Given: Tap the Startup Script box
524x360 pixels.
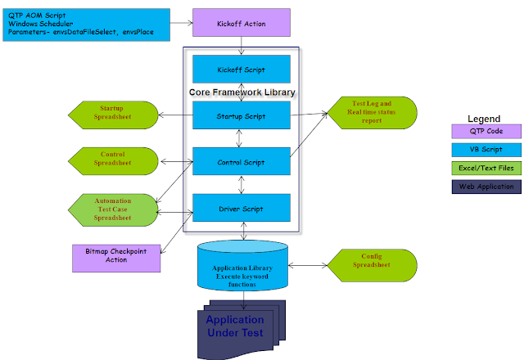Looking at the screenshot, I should [241, 115].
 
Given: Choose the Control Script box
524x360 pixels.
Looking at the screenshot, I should [241, 162].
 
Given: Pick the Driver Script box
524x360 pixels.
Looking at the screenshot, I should [241, 209].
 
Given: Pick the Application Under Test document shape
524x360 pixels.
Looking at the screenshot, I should [234, 327].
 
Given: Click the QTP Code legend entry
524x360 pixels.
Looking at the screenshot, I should [486, 131].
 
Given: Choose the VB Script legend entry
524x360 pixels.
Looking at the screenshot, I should [486, 150].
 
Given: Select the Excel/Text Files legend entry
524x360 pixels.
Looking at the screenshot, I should [486, 169].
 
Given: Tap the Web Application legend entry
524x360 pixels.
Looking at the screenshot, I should [486, 187].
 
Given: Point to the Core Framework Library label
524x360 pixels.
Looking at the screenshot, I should [242, 92].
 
